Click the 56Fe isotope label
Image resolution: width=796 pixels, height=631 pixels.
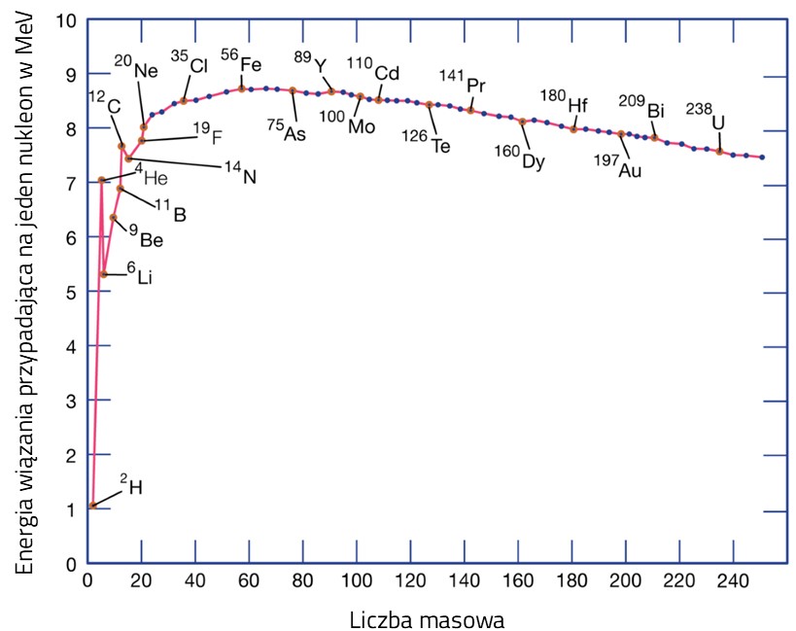click(x=242, y=62)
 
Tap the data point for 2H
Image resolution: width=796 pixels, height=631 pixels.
click(x=92, y=506)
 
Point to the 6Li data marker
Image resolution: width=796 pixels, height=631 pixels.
click(x=104, y=274)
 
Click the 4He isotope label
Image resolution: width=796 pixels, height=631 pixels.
click(x=151, y=177)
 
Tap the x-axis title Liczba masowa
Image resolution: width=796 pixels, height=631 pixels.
click(x=426, y=618)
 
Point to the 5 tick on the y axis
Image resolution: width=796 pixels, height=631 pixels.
click(x=68, y=291)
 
